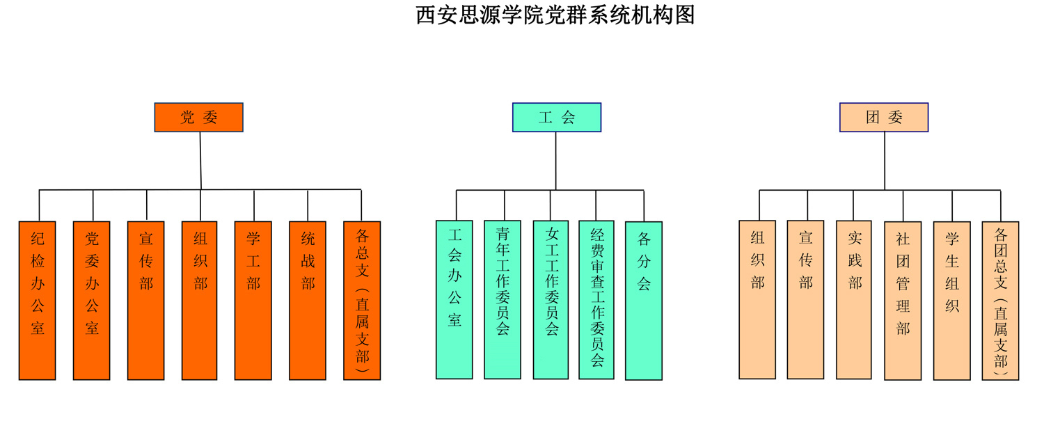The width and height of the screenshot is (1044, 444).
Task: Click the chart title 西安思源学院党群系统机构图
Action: pyautogui.click(x=555, y=15)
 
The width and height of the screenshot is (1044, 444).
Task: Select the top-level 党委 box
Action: pyautogui.click(x=198, y=118)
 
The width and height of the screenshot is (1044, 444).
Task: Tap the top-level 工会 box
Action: pyautogui.click(x=556, y=118)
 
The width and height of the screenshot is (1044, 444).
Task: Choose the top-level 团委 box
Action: pyautogui.click(x=883, y=118)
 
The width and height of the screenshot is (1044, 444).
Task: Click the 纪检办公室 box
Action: pyautogui.click(x=37, y=300)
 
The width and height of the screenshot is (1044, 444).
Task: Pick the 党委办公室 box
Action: pyautogui.click(x=91, y=300)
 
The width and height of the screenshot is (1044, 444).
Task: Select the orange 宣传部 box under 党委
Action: pyautogui.click(x=145, y=300)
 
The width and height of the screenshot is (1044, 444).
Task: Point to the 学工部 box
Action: pyautogui.click(x=253, y=300)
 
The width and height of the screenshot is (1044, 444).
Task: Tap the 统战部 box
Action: pyautogui.click(x=308, y=300)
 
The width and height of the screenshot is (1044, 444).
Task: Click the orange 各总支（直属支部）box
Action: pyautogui.click(x=362, y=300)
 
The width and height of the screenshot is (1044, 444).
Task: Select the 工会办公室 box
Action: pyautogui.click(x=454, y=299)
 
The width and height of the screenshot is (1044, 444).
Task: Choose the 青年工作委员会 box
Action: pyautogui.click(x=503, y=299)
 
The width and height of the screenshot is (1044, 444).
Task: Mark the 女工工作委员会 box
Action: pyautogui.click(x=551, y=299)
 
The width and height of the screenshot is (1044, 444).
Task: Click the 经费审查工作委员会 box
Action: pyautogui.click(x=596, y=299)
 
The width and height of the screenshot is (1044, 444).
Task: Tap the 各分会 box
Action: pyautogui.click(x=644, y=301)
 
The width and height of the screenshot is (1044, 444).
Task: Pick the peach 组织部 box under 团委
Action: pyautogui.click(x=757, y=299)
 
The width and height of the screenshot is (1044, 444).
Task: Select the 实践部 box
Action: pyautogui.click(x=854, y=299)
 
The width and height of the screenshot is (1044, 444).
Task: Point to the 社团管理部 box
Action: pyautogui.click(x=903, y=301)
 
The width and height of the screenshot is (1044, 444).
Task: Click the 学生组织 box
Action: pyautogui.click(x=951, y=301)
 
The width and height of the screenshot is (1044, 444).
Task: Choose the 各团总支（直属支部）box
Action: pyautogui.click(x=1000, y=301)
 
